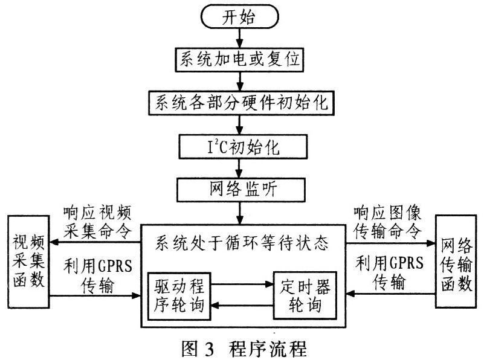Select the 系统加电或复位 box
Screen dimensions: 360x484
(x=240, y=60)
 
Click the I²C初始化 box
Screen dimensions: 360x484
(x=240, y=145)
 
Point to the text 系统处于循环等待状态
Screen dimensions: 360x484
(x=242, y=244)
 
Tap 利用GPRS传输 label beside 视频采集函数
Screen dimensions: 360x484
(x=97, y=275)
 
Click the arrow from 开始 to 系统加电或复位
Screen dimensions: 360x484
(x=240, y=39)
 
